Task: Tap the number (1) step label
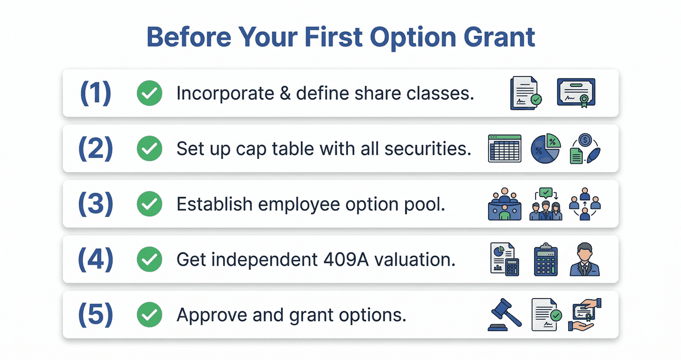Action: pyautogui.click(x=95, y=93)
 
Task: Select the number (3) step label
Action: pyautogui.click(x=95, y=204)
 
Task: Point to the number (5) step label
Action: pyautogui.click(x=95, y=315)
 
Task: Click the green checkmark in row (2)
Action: pyautogui.click(x=149, y=149)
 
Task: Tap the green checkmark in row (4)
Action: pyautogui.click(x=149, y=259)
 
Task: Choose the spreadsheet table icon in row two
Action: pyautogui.click(x=504, y=149)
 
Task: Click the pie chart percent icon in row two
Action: pyautogui.click(x=545, y=149)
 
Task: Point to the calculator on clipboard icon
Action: pyautogui.click(x=545, y=259)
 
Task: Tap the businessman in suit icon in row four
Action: pyautogui.click(x=584, y=259)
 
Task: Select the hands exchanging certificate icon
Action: pyautogui.click(x=584, y=315)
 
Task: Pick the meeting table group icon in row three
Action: pyautogui.click(x=504, y=204)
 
